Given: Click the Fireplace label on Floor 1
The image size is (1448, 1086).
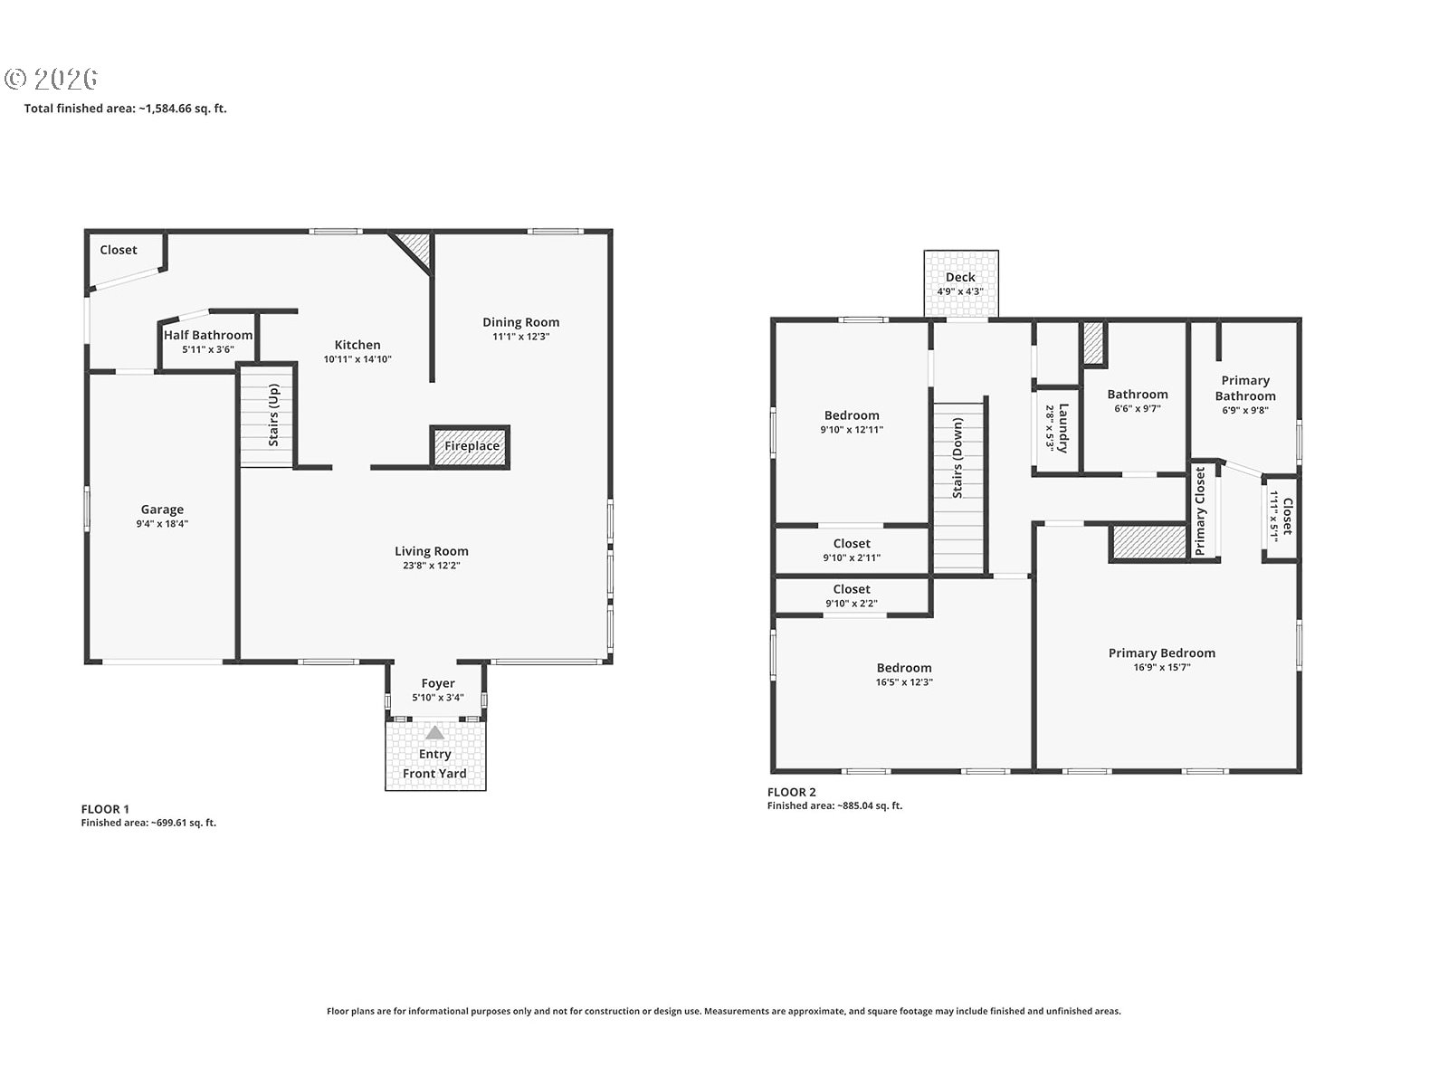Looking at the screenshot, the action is [472, 446].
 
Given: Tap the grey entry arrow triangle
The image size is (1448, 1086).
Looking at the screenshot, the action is [434, 732].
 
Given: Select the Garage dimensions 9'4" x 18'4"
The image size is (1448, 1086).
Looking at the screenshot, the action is [162, 524].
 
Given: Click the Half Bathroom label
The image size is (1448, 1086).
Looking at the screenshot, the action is [208, 335].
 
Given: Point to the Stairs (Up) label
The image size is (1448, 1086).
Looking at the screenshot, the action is [274, 415].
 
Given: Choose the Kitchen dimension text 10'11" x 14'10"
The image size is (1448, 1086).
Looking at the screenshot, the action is [357, 359].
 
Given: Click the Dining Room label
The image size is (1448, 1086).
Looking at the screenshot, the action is [521, 322].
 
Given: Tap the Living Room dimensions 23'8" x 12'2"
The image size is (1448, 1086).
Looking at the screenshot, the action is [432, 566].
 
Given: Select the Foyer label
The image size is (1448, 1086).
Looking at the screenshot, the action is [438, 684].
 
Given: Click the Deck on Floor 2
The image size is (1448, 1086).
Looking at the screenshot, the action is [961, 284].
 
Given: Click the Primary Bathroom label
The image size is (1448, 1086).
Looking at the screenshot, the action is [1245, 388].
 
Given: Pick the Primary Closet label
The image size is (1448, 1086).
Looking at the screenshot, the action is [1200, 511].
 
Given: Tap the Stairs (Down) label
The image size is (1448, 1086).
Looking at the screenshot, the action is [957, 458].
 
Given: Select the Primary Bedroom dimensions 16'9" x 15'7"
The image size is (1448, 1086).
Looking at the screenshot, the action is [1162, 667].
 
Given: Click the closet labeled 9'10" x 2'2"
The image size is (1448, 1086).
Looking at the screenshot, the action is [852, 596].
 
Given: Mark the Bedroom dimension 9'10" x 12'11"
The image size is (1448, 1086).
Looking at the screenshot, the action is [852, 430].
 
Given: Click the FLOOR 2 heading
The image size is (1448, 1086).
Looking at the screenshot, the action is [792, 793].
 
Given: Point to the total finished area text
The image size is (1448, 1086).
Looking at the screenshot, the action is [125, 109].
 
